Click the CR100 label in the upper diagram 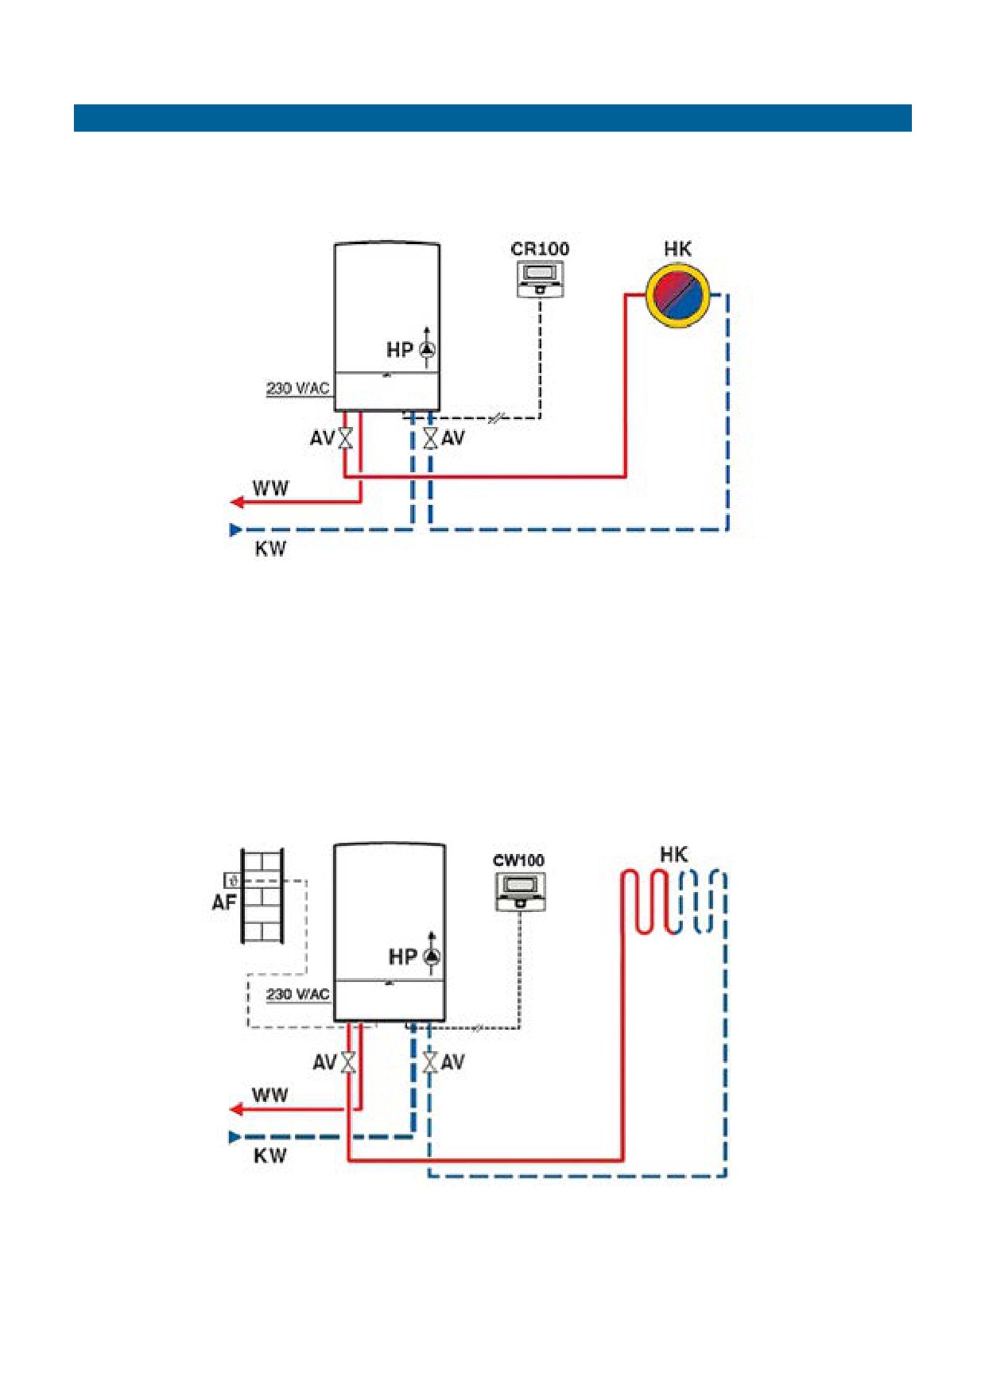point(540,249)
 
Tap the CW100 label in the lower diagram point(518,860)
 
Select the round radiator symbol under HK point(677,295)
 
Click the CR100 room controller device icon point(541,279)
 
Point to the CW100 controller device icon point(521,891)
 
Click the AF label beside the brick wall point(224,902)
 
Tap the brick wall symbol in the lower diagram point(262,896)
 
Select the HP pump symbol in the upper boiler point(428,350)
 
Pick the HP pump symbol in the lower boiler point(432,956)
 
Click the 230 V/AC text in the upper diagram point(297,388)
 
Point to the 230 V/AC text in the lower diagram point(297,995)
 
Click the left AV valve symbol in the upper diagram point(345,438)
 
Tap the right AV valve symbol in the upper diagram point(430,438)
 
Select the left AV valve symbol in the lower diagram point(348,1062)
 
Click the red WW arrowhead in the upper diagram point(236,502)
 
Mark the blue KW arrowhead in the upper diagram point(235,530)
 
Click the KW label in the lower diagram point(270,1156)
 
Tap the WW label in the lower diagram point(270,1096)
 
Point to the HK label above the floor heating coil point(674,855)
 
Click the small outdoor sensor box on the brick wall point(233,880)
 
